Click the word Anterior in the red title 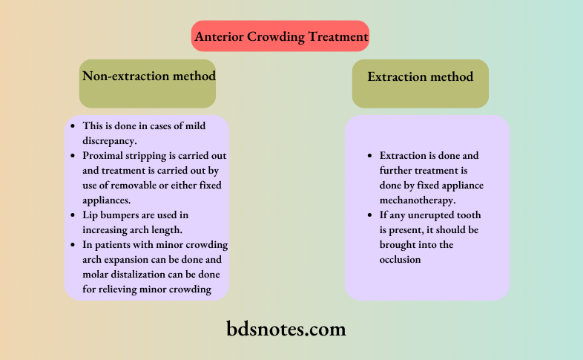click(x=220, y=36)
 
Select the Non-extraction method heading click(x=148, y=76)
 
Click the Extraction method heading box click(x=420, y=76)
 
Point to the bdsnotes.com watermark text click(x=286, y=327)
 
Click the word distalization click(x=142, y=275)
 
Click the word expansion click(x=136, y=261)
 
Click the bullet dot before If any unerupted click(x=370, y=215)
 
